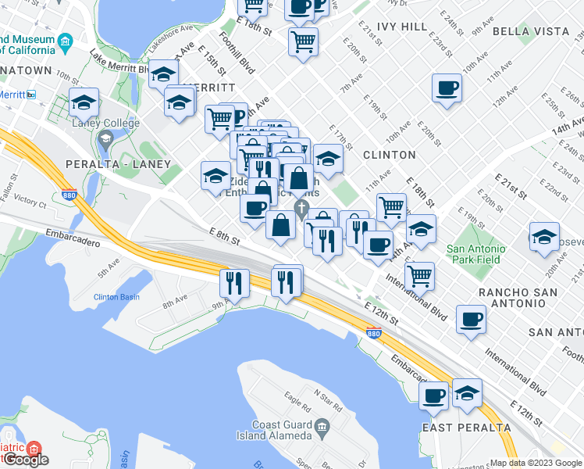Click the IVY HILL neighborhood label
click(x=402, y=27)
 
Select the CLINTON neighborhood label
click(x=389, y=155)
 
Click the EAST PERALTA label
click(x=466, y=428)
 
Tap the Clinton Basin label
click(x=116, y=297)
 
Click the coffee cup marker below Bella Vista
click(x=447, y=88)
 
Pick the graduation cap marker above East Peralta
click(x=467, y=392)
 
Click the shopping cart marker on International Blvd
click(x=420, y=274)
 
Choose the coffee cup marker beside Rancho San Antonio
click(x=471, y=318)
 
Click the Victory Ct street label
click(x=30, y=201)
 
